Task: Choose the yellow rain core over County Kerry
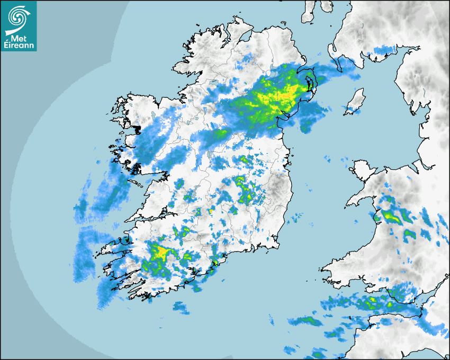[x=159, y=253]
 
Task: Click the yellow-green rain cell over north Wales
[x=392, y=216]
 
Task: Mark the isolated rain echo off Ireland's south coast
[x=181, y=307]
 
